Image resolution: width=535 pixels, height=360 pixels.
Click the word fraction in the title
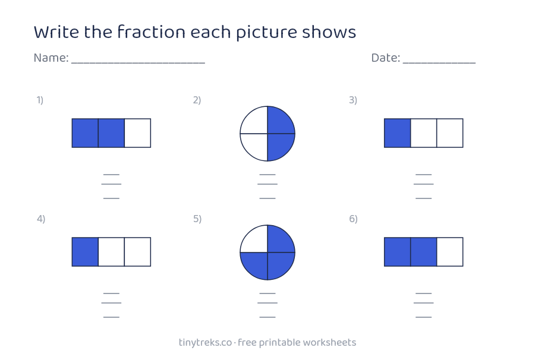[x=151, y=31]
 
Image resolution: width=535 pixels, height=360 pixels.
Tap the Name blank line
[x=138, y=63]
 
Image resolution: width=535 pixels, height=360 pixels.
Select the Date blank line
[x=439, y=63]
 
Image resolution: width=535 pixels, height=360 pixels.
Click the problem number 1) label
[x=40, y=100]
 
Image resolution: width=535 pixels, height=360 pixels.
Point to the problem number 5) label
[x=197, y=219]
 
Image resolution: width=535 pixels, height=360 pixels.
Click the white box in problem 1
[x=137, y=133]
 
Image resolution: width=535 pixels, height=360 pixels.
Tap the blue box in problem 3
[x=397, y=133]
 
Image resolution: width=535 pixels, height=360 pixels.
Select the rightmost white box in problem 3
[x=450, y=133]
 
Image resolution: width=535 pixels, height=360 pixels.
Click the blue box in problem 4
[x=85, y=252]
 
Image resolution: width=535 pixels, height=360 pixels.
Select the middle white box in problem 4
[x=111, y=252]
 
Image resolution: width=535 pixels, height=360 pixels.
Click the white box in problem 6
[x=450, y=252]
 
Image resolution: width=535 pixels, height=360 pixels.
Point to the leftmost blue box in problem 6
[x=397, y=252]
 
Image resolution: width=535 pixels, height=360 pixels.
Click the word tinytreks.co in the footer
[x=206, y=343]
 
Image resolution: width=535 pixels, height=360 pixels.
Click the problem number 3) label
[x=353, y=100]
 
